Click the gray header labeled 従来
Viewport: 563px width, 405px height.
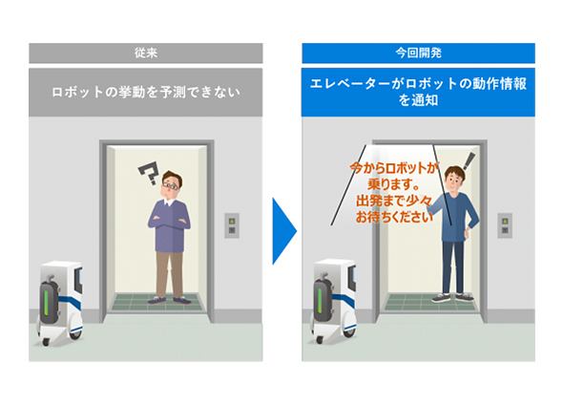tap(145, 53)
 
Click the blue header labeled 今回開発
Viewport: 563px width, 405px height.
tap(418, 53)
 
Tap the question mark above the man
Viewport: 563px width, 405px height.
tap(150, 173)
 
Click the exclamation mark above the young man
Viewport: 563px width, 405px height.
tap(469, 161)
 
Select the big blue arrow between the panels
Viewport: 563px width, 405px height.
tap(284, 231)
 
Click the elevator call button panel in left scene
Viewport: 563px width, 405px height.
tap(232, 225)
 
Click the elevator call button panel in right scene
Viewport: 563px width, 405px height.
tap(505, 225)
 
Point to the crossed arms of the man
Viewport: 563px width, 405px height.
tap(169, 222)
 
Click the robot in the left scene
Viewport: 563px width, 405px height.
tap(60, 303)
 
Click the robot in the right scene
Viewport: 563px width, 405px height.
tap(334, 301)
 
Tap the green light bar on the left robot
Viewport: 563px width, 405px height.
tap(46, 302)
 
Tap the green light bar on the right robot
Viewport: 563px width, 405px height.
tap(320, 300)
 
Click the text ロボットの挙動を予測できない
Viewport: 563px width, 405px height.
tap(145, 92)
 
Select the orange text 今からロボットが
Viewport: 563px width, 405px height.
tap(394, 168)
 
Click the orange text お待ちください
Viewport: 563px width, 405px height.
tap(394, 217)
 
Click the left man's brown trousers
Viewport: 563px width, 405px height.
tap(170, 274)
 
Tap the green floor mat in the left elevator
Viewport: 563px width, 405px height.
tap(156, 302)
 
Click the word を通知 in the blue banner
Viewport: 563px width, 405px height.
tap(418, 100)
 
